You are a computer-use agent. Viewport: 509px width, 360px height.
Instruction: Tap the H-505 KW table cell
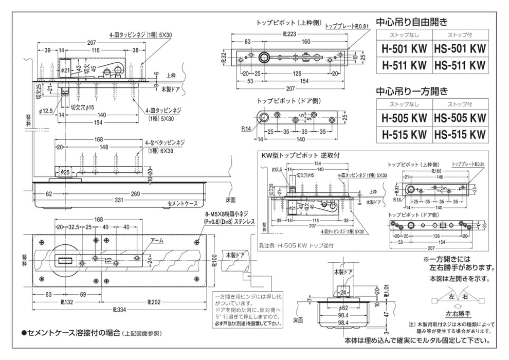404,118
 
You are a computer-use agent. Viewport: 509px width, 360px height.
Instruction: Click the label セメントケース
183,204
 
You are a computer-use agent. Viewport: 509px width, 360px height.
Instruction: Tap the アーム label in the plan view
158,240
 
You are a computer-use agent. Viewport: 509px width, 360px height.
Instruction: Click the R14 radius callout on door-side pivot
247,129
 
